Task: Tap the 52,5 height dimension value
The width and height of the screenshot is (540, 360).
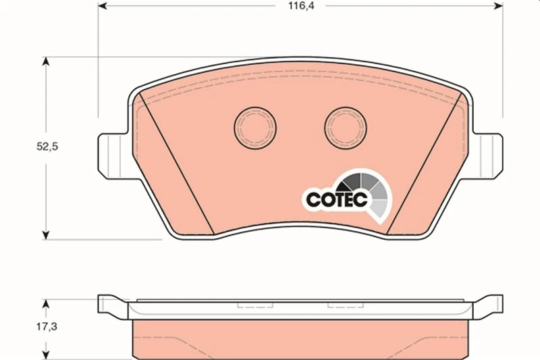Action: pos(47,147)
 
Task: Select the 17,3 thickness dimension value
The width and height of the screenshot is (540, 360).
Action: pos(47,326)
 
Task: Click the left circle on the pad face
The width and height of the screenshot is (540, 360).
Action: pos(255,128)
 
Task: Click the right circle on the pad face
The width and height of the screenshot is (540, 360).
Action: pos(346,128)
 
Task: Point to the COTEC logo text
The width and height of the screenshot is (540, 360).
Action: pos(336,199)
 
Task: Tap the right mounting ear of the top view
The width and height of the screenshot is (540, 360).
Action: pos(487,156)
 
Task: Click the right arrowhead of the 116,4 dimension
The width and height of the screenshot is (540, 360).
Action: pos(498,6)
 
